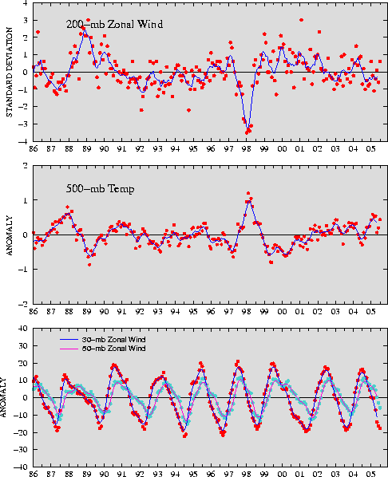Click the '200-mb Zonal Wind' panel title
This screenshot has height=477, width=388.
click(114, 24)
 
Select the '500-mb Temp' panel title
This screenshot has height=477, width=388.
click(101, 188)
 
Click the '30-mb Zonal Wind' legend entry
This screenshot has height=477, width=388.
click(113, 340)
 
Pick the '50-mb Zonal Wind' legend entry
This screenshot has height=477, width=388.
click(113, 349)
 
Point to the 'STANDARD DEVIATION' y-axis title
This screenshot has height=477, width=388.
click(10, 72)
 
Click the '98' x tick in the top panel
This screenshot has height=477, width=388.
click(247, 149)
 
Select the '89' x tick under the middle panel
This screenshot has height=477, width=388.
click(87, 312)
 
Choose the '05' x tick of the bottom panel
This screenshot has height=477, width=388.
click(370, 474)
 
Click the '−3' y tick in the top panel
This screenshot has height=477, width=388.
click(24, 124)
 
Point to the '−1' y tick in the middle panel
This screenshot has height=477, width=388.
click(24, 270)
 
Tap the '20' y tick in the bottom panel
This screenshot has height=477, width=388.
click(24, 363)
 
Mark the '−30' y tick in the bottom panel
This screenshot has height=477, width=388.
click(22, 450)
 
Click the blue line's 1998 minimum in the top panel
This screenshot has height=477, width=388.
click(249, 127)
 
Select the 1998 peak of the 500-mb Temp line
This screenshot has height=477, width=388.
click(249, 201)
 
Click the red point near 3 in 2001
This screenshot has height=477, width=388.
click(301, 20)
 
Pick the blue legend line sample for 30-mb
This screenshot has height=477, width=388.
click(69, 340)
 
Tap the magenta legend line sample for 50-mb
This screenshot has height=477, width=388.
click(69, 349)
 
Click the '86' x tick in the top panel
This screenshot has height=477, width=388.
click(34, 149)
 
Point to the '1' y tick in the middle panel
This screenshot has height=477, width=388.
click(26, 200)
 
